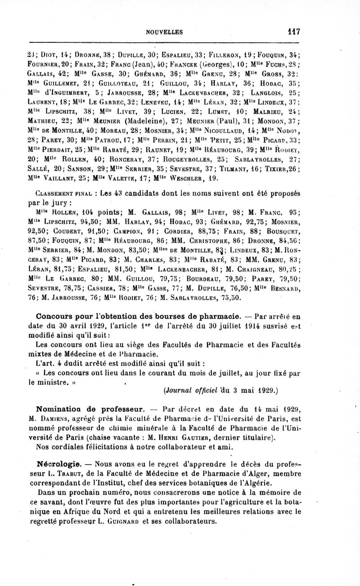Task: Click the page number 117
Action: point(292,32)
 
